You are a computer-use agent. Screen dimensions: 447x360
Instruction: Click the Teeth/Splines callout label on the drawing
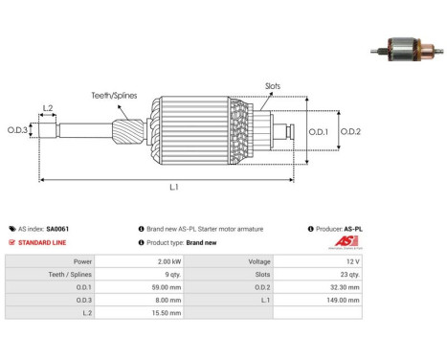pyautogui.click(x=114, y=96)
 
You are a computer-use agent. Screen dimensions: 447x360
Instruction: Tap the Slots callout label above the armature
pyautogui.click(x=273, y=86)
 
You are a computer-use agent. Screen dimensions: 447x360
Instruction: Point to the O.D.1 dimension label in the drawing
pyautogui.click(x=318, y=131)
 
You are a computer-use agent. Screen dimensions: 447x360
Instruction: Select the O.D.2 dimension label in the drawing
pyautogui.click(x=350, y=131)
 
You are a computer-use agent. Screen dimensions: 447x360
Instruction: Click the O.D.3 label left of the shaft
pyautogui.click(x=17, y=130)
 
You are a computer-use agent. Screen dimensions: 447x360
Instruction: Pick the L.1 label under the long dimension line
pyautogui.click(x=174, y=187)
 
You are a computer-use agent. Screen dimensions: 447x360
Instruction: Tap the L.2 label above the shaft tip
pyautogui.click(x=48, y=108)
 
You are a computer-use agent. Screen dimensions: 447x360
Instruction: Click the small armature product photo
pyautogui.click(x=407, y=50)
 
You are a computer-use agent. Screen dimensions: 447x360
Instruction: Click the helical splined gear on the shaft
pyautogui.click(x=128, y=131)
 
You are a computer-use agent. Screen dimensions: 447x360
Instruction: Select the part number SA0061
pyautogui.click(x=57, y=229)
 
